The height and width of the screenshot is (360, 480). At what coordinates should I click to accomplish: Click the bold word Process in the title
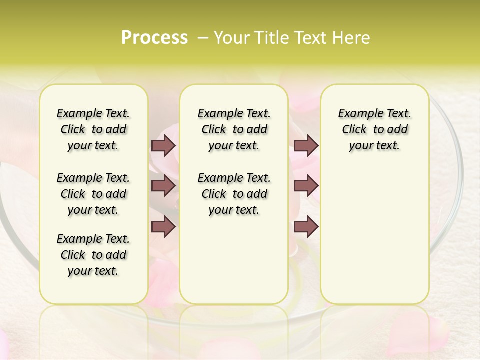[154, 37]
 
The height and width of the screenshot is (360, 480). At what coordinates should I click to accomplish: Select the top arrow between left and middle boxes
[163, 145]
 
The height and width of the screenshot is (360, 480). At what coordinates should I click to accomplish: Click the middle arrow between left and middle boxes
[163, 186]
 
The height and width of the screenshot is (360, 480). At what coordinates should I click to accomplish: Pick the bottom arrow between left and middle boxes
[163, 227]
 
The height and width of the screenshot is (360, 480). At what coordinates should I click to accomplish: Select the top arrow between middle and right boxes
[306, 145]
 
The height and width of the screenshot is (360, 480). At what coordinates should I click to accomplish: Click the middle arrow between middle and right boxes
[306, 186]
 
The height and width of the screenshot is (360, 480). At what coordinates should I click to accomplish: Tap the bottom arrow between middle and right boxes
[306, 227]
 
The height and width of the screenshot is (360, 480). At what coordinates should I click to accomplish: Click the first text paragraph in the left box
[93, 129]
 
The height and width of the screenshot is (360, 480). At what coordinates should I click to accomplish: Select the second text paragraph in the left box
[93, 194]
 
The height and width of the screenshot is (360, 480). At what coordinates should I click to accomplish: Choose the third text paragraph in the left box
[93, 255]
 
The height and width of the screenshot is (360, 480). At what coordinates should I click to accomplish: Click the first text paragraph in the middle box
[234, 129]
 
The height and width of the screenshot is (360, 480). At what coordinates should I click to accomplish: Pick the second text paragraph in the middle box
[234, 194]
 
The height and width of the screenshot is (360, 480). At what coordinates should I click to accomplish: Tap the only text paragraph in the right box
[374, 129]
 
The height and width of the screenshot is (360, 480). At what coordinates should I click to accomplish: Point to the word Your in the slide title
[231, 37]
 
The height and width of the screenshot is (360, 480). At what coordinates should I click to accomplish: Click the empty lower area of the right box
[374, 235]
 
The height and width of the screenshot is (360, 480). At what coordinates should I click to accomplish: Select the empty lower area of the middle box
[234, 260]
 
